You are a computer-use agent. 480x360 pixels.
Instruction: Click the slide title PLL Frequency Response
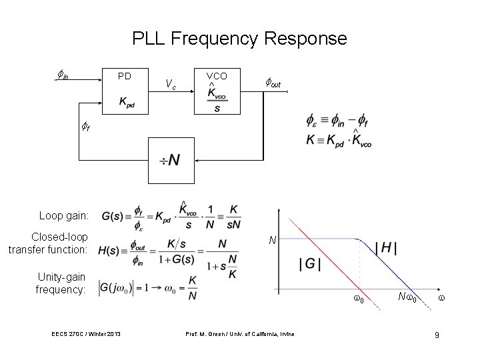(239, 38)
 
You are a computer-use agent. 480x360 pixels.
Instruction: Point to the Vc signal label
(171, 84)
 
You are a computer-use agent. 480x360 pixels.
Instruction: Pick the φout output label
(273, 83)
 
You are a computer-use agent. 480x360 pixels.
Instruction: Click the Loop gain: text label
(63, 216)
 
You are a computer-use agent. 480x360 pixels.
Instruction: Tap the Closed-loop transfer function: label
(48, 243)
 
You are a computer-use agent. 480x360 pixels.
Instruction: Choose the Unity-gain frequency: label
(61, 283)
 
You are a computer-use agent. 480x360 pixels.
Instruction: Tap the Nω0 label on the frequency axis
(407, 298)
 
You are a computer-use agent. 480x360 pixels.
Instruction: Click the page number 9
(437, 334)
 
